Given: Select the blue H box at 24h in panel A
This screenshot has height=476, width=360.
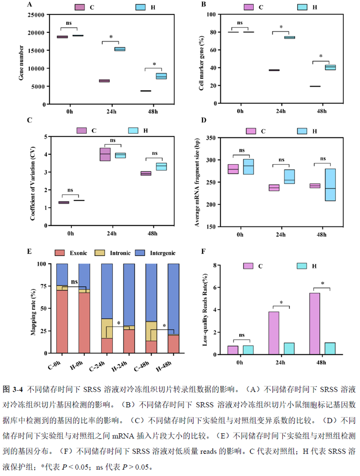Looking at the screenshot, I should pyautogui.click(x=120, y=49).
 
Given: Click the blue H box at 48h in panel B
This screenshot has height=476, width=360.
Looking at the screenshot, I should pyautogui.click(x=318, y=67).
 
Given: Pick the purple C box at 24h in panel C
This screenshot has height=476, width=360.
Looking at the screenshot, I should pyautogui.click(x=105, y=154).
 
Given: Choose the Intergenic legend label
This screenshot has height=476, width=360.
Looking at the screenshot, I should pyautogui.click(x=162, y=253).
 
